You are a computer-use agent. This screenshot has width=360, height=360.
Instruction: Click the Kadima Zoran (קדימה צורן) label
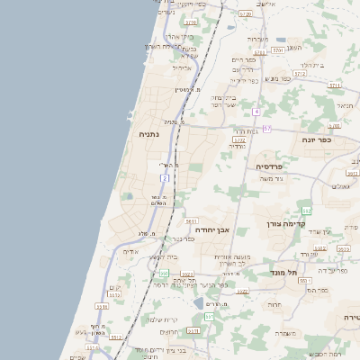click(x=287, y=223)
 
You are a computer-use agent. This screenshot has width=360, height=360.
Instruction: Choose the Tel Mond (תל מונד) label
click(x=283, y=271)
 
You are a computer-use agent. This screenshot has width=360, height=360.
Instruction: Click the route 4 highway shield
click(x=256, y=112)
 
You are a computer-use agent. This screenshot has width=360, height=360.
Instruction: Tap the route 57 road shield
click(x=266, y=129)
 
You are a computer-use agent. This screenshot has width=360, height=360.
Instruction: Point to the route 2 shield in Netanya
click(x=165, y=179)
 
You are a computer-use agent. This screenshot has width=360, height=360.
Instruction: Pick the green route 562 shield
click(x=306, y=210)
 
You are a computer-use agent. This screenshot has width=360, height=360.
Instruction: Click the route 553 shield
click(x=209, y=317)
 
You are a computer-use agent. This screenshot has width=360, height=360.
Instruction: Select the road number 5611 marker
click(x=191, y=220)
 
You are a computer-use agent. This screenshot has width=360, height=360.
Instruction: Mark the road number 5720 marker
click(x=246, y=13)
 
